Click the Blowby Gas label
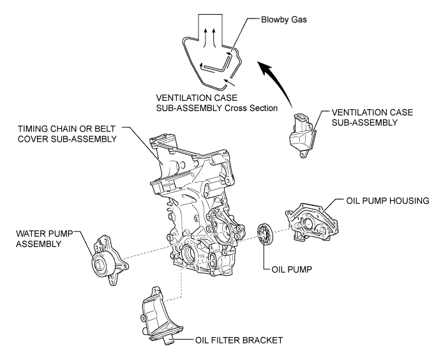tap(284, 20)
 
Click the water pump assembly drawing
tap(110, 261)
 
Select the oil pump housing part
tap(311, 223)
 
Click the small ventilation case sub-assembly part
tap(303, 135)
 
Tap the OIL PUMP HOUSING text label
tap(387, 201)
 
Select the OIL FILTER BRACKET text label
tap(239, 340)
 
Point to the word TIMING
tap(33, 129)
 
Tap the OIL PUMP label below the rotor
tap(292, 269)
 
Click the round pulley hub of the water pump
tap(100, 265)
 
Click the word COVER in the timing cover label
tap(33, 139)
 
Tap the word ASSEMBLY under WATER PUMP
tap(38, 244)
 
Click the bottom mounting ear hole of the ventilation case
tap(303, 154)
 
